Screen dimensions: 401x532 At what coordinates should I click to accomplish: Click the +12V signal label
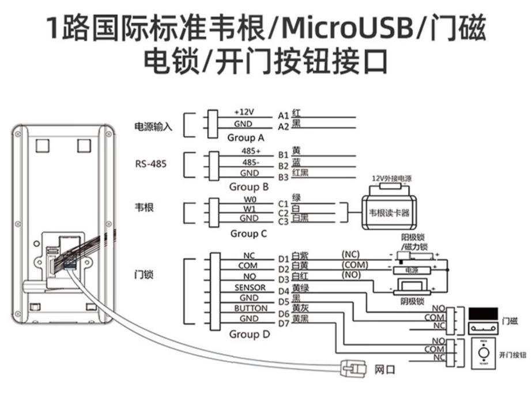[x=244, y=111]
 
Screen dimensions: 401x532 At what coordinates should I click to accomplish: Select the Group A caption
[x=246, y=138]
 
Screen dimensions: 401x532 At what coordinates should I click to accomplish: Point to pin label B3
[x=283, y=176]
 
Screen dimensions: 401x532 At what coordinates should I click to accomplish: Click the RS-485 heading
[x=151, y=164]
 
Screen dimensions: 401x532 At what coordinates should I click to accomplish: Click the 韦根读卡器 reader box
[x=393, y=213]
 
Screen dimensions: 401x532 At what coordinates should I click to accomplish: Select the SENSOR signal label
[x=250, y=287]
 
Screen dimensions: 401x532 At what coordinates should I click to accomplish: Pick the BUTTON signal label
[x=250, y=308]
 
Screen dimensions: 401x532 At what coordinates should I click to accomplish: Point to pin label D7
[x=283, y=323]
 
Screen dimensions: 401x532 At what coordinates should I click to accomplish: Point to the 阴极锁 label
[x=413, y=301]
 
